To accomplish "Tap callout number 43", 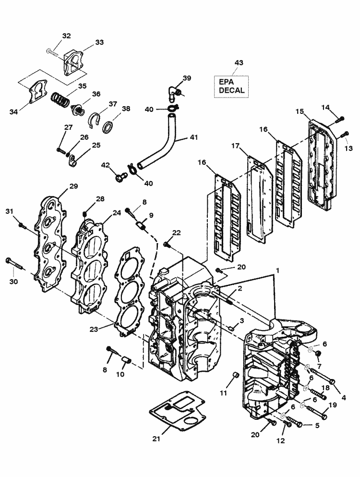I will coord(239,63).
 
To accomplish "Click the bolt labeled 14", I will coord(341,118).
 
